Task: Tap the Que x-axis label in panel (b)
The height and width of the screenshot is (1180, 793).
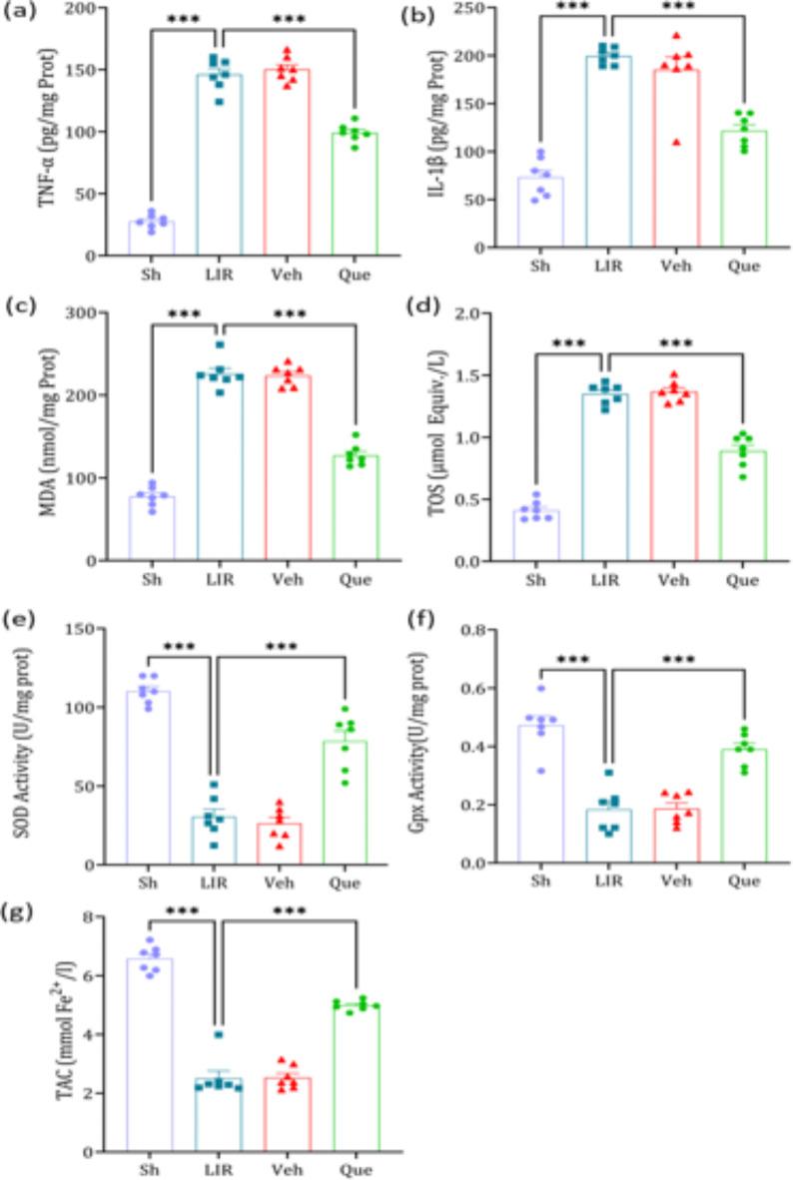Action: [x=743, y=267]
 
